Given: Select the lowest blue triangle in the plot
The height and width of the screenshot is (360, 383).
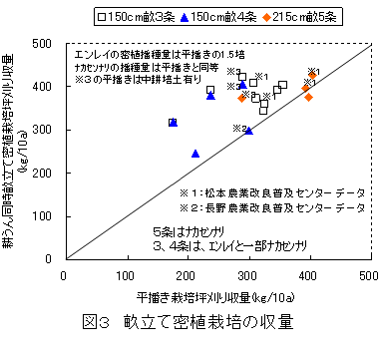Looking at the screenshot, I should [x=195, y=154].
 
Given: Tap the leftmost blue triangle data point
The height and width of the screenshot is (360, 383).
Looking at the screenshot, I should [x=173, y=123].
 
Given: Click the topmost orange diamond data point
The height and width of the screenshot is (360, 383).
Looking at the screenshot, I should [x=312, y=75].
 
